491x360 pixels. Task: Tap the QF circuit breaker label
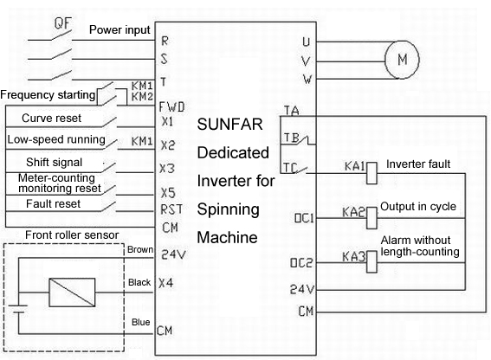(x=63, y=22)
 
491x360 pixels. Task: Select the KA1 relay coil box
(x=371, y=173)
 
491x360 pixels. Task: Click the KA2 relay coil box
(x=371, y=217)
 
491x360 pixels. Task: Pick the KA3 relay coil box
(x=371, y=261)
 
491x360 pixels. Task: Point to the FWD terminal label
(x=172, y=107)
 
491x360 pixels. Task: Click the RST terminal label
(x=171, y=209)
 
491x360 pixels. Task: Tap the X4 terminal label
(x=166, y=283)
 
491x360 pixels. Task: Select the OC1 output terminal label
(x=304, y=218)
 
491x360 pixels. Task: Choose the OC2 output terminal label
(x=301, y=262)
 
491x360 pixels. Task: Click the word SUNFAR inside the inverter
(x=229, y=125)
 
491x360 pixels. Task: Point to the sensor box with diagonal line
(x=72, y=292)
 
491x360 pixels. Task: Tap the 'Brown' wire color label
(x=140, y=249)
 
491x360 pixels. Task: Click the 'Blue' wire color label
(x=140, y=322)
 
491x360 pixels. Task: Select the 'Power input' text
(x=120, y=30)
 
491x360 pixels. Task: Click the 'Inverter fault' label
(x=418, y=164)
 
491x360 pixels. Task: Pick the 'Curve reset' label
(x=51, y=118)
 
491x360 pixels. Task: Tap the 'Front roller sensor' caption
(x=72, y=235)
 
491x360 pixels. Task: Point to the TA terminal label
(x=292, y=111)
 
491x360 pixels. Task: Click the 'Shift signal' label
(x=54, y=162)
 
